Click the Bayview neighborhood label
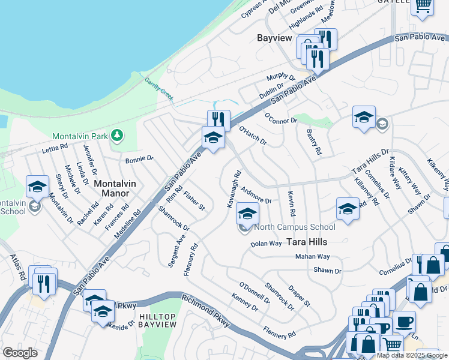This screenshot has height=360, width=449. [274, 38]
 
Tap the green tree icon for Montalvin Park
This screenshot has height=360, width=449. [117, 136]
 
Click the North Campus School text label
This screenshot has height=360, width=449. [295, 227]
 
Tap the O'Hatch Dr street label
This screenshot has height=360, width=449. [252, 136]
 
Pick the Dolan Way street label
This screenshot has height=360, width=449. [266, 244]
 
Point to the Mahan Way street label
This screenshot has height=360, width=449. [313, 257]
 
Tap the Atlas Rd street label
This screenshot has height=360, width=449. [18, 265]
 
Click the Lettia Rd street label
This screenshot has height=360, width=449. [55, 147]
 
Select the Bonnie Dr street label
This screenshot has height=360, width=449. [139, 159]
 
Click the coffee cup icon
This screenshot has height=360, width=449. [404, 322]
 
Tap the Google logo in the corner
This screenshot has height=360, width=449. [20, 353]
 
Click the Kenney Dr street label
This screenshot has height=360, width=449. [244, 301]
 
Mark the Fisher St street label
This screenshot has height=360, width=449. [194, 200]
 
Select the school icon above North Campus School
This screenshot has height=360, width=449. [247, 213]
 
